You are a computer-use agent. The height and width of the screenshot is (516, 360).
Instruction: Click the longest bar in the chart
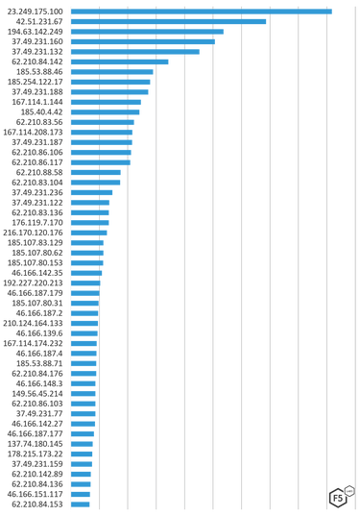coord(201,11)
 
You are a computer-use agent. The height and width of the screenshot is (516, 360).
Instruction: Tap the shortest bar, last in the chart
coord(80,505)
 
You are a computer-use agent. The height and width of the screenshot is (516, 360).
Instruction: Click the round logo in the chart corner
coord(339,496)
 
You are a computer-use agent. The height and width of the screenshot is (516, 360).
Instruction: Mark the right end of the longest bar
coord(331,11)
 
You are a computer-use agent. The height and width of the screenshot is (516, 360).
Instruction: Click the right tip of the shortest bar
coord(89,505)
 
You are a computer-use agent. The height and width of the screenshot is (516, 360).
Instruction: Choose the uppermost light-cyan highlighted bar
coord(100,128)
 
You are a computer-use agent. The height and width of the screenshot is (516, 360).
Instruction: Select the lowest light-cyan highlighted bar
coord(84,386)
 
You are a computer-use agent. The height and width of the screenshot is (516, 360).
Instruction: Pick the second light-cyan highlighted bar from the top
coord(99,148)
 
